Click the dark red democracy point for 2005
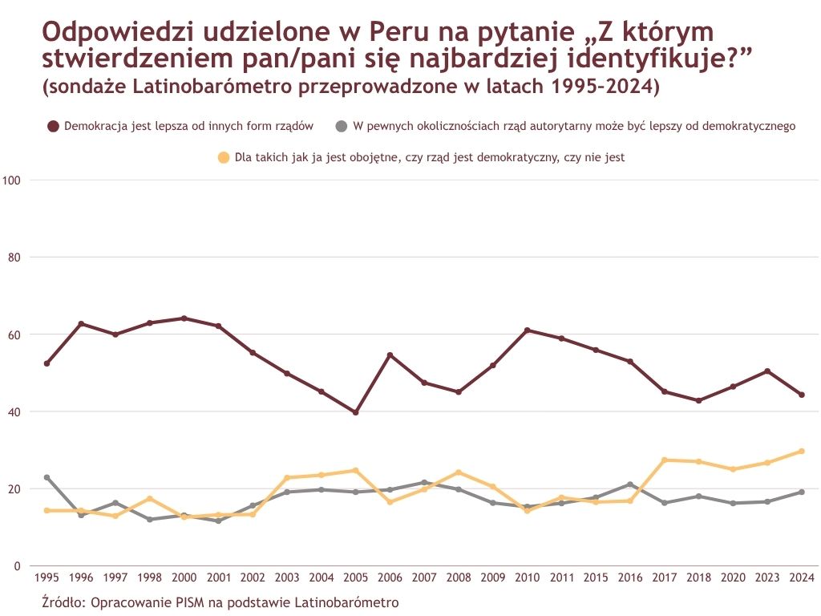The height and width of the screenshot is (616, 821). click(x=355, y=412)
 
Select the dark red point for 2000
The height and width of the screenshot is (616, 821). click(x=184, y=318)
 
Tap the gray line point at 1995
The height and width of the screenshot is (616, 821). click(x=47, y=477)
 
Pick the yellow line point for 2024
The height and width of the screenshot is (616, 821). click(x=802, y=451)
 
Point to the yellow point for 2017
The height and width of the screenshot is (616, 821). click(x=665, y=460)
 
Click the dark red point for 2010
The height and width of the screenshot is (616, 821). click(x=527, y=330)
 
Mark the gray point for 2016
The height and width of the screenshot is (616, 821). click(x=630, y=484)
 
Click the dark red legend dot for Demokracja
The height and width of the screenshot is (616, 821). click(x=54, y=126)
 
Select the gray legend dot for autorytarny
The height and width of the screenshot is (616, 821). click(x=342, y=126)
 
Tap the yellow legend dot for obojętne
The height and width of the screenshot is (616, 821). click(x=224, y=158)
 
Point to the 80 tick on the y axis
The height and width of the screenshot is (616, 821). click(x=14, y=257)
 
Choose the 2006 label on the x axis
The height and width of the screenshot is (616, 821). click(x=390, y=577)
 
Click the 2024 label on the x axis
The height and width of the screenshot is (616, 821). click(x=802, y=577)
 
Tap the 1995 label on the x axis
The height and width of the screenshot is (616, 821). click(x=47, y=577)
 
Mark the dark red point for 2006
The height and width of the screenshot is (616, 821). click(x=390, y=355)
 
